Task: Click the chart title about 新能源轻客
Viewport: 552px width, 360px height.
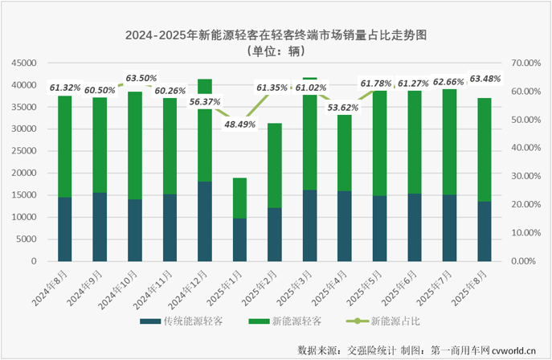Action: [x=276, y=36]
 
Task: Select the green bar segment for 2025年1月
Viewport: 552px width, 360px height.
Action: [x=240, y=198]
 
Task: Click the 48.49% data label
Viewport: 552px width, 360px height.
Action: [x=239, y=125]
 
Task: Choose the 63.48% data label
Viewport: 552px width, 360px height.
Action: [x=485, y=79]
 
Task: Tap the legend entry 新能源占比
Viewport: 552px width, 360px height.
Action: [x=391, y=321]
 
